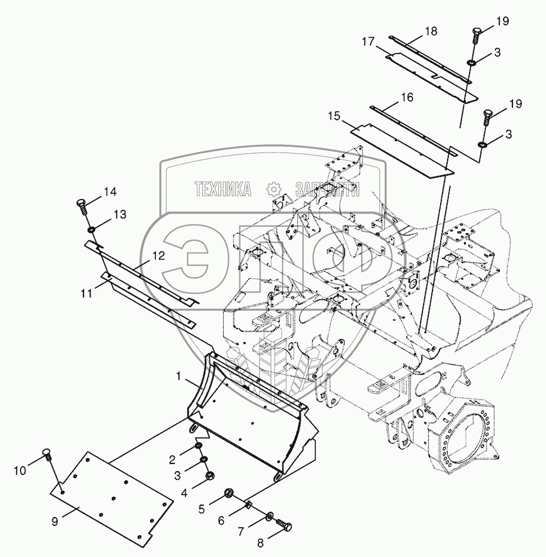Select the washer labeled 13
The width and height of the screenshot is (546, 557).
(x=92, y=229)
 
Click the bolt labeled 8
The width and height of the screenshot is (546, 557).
(x=284, y=526)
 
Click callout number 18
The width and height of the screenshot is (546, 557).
(x=431, y=31)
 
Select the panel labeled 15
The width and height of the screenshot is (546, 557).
(x=406, y=150)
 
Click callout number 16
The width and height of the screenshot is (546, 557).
(x=407, y=97)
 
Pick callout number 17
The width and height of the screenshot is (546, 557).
(x=368, y=42)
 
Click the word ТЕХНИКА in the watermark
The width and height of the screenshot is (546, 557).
(x=223, y=188)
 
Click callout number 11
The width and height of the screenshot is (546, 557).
(x=87, y=292)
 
